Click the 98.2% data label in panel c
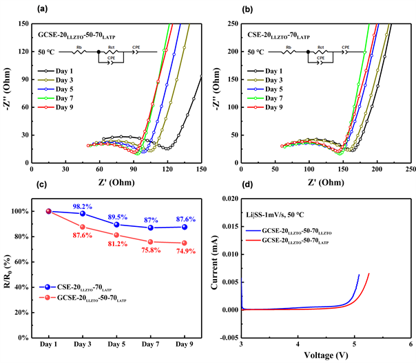pos(83,206)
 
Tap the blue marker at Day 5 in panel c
pos(116,225)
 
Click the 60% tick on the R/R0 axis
pos(19,261)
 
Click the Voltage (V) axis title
pos(326,355)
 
